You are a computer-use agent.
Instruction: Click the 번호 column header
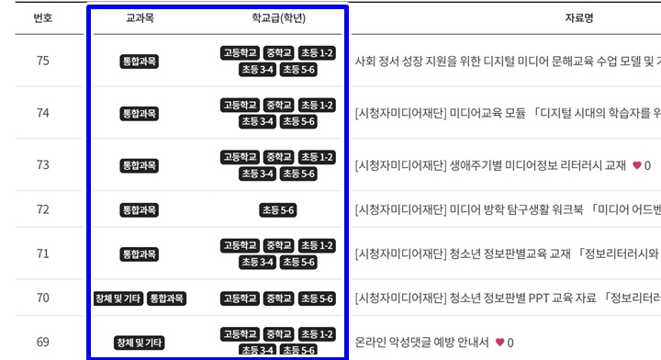coord(42,18)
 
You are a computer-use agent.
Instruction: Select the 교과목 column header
coord(140,18)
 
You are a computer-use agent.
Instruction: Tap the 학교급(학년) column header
coord(278,18)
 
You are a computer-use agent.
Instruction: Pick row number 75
coord(42,62)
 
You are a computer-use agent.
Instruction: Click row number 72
coord(42,209)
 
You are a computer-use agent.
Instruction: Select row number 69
coord(42,343)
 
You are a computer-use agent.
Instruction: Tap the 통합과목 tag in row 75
coord(140,62)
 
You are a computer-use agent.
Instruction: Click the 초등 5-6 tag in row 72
coord(278,210)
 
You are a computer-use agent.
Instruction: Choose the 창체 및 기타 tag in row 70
coord(118,298)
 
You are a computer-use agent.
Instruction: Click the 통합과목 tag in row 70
coord(166,298)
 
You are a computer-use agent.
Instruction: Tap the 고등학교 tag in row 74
coord(241,106)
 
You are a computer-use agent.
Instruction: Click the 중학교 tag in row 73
coord(278,157)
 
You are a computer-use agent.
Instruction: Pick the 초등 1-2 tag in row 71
coord(317,246)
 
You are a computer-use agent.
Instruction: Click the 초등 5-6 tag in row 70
coord(317,298)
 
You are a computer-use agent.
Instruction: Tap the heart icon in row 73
coord(637,165)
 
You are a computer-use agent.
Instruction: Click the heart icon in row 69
coord(499,343)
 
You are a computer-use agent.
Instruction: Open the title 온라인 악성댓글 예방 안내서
coord(421,343)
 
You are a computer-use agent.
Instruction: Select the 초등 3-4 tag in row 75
coord(258,70)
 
